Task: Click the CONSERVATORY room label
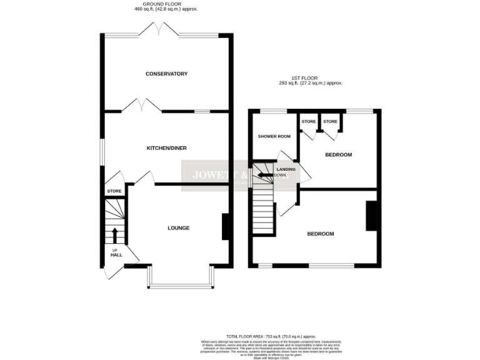pyautogui.click(x=166, y=74)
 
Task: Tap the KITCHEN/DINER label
pyautogui.click(x=166, y=148)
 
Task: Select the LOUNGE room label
pyautogui.click(x=178, y=227)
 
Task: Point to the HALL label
pyautogui.click(x=116, y=255)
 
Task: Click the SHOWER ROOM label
pyautogui.click(x=274, y=137)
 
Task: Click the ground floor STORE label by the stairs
pyautogui.click(x=114, y=191)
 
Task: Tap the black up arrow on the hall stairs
pyautogui.click(x=114, y=236)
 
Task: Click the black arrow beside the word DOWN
pyautogui.click(x=265, y=176)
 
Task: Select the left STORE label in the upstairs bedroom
pyautogui.click(x=309, y=121)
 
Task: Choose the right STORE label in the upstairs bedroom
pyautogui.click(x=330, y=121)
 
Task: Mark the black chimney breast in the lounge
pyautogui.click(x=225, y=227)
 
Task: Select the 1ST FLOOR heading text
pyautogui.click(x=311, y=78)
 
